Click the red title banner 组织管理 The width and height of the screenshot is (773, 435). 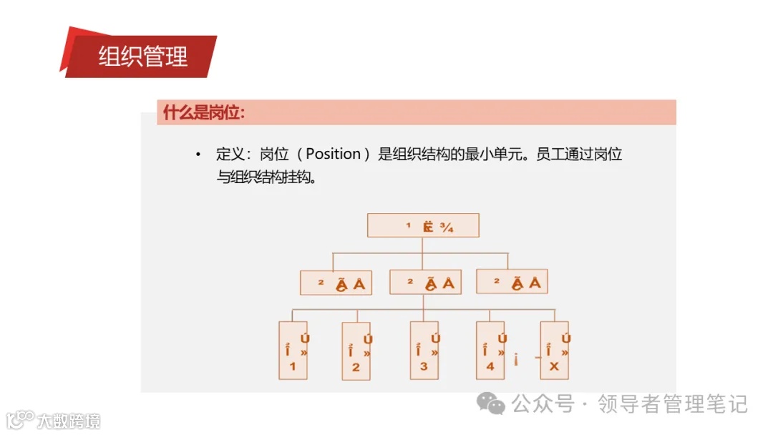(142, 56)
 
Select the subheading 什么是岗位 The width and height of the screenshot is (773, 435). (204, 112)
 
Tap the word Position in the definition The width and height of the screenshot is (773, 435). (333, 154)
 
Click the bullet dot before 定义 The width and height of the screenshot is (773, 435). (198, 155)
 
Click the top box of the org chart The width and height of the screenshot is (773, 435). (422, 226)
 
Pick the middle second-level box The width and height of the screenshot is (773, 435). (424, 283)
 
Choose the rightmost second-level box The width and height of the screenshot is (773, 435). (512, 282)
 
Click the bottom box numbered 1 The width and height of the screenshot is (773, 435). (293, 351)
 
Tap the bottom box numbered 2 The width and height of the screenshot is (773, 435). (356, 351)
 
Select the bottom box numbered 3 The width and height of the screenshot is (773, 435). (424, 350)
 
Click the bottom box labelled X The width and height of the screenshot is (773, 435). (555, 350)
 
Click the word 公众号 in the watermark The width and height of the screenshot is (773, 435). (543, 404)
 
